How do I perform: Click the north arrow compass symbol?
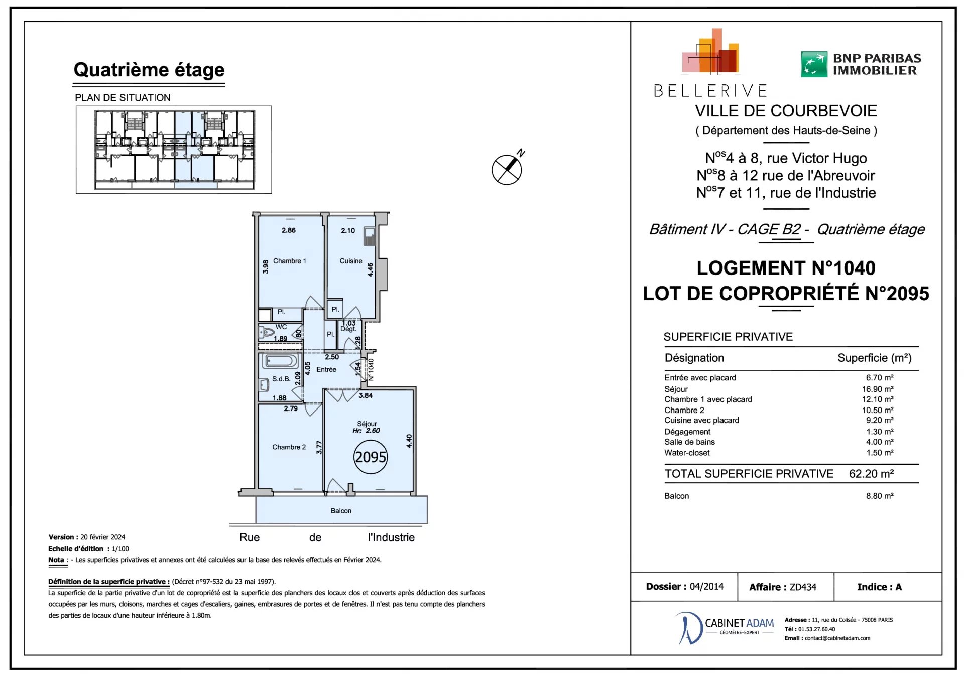point(507,169)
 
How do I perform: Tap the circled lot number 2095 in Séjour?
point(371,457)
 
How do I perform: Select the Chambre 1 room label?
point(289,261)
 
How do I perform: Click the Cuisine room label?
point(350,261)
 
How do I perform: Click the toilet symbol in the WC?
point(267,332)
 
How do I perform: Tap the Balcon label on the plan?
point(341,511)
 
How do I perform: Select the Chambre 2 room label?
point(289,447)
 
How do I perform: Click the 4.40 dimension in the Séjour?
point(409,441)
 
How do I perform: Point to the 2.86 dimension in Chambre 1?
point(289,230)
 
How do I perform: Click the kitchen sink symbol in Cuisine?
point(370,236)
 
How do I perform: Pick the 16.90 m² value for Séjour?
point(877,389)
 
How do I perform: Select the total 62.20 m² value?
point(871,474)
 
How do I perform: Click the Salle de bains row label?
point(689,442)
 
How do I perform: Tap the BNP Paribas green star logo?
point(813,64)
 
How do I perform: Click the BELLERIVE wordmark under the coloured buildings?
point(710,91)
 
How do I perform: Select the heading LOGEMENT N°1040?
point(786,268)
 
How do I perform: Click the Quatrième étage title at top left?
point(149,70)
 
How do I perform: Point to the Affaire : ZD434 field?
point(783,587)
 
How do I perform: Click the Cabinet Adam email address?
point(837,638)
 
